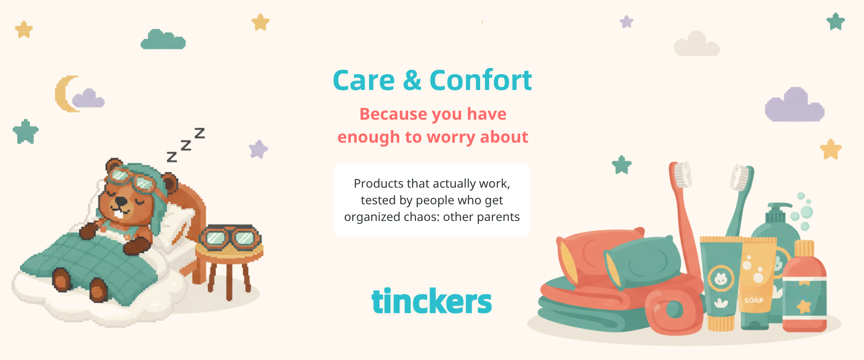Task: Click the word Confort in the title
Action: (x=481, y=80)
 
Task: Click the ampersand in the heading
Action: (x=412, y=81)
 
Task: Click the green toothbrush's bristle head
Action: (x=741, y=177)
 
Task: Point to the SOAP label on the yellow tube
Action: (x=754, y=300)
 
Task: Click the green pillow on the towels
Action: (x=642, y=261)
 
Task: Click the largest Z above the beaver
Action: (x=199, y=133)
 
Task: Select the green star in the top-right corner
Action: (x=836, y=21)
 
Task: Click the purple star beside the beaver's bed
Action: (x=258, y=149)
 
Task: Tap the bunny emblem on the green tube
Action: (x=721, y=279)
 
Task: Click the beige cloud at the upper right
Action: (x=696, y=44)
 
